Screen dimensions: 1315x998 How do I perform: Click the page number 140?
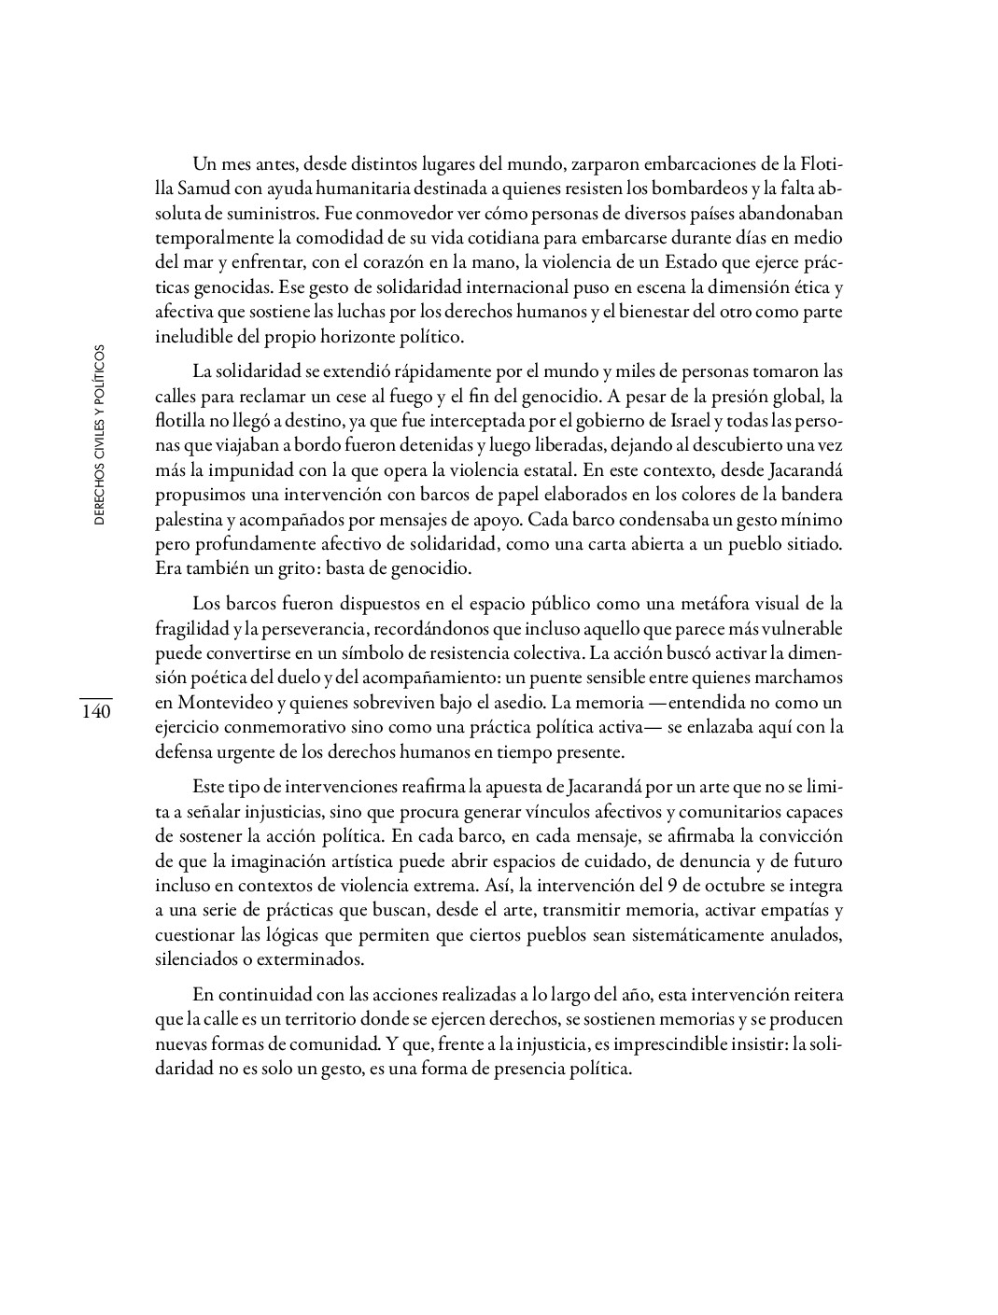tap(95, 712)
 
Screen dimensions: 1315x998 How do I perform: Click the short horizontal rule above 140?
tap(95, 697)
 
